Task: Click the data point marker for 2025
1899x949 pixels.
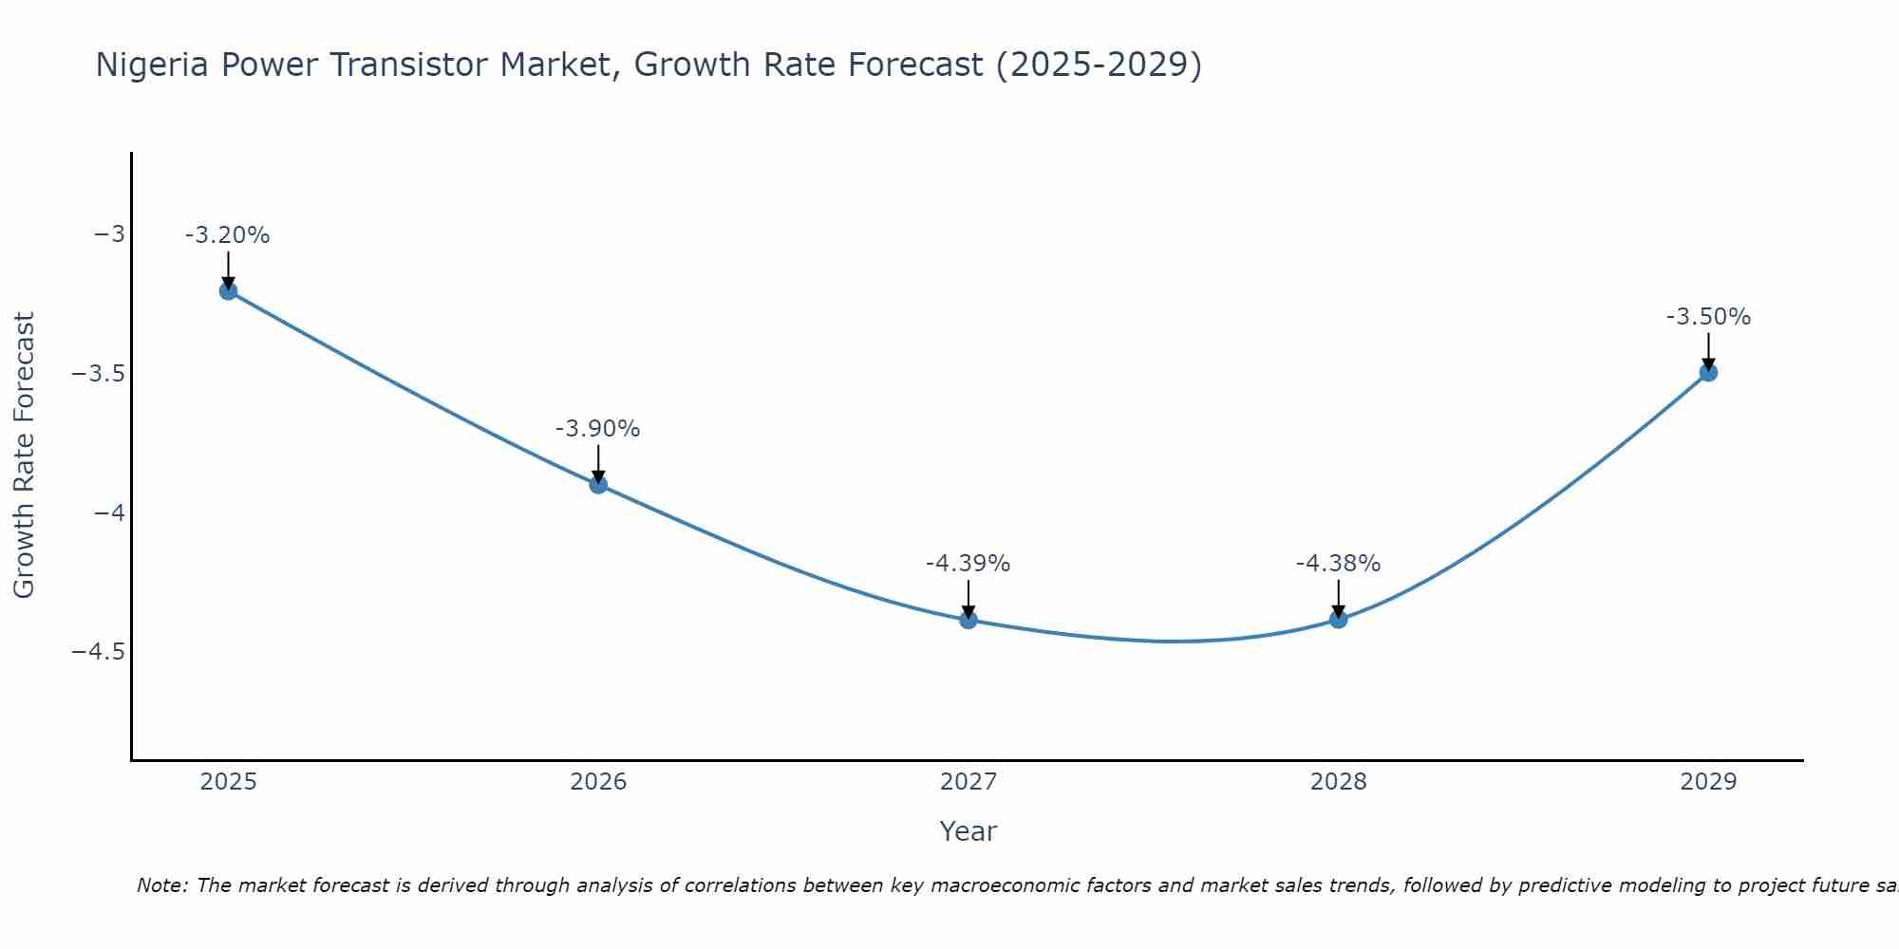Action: (x=228, y=290)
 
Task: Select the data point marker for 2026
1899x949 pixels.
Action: (x=598, y=484)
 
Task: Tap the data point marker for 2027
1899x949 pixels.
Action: (x=968, y=620)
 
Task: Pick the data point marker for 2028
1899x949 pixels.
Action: (x=1338, y=619)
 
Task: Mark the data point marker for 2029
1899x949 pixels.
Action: (x=1708, y=372)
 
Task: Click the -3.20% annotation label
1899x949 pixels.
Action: (x=228, y=235)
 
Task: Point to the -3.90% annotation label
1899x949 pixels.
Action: (x=598, y=429)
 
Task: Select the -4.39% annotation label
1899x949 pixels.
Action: (x=968, y=564)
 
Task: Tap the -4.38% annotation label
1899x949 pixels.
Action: (x=1338, y=564)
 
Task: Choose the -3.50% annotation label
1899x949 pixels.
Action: (x=1708, y=317)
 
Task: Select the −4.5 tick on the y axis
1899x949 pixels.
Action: (x=98, y=652)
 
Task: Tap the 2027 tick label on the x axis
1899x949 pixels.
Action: (x=968, y=782)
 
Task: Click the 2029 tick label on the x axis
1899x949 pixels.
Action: (x=1708, y=782)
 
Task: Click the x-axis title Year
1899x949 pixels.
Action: (x=968, y=831)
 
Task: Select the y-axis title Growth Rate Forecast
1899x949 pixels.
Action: (x=25, y=456)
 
